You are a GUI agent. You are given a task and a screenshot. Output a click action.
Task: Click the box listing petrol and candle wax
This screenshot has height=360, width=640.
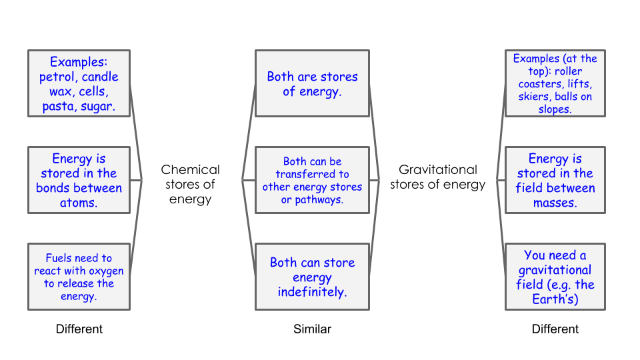coord(79,83)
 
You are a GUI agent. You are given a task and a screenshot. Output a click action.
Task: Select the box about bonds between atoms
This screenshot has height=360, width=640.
coord(79,180)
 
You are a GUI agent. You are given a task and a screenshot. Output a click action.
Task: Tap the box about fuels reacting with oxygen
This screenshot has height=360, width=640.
coord(79,277)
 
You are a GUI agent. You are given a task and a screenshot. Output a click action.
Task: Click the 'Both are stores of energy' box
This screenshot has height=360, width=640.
coord(312,83)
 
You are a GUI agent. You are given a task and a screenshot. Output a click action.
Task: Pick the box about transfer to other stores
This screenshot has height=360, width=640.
coord(312,180)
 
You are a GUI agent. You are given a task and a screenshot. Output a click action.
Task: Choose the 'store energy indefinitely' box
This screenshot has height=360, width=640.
coord(312,277)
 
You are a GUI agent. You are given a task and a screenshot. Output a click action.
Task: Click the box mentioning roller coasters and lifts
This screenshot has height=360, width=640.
coord(555,83)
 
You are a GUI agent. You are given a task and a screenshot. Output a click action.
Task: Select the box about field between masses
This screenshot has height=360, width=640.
coord(555,180)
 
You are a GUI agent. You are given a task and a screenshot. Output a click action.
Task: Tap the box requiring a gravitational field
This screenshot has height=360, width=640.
coord(555,277)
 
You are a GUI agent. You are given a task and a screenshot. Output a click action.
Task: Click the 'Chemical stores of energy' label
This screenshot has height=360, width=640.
coord(190,184)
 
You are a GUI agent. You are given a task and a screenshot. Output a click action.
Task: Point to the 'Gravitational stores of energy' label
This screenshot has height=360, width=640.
coord(437,177)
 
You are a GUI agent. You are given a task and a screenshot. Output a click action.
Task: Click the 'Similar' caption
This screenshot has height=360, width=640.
coord(312,329)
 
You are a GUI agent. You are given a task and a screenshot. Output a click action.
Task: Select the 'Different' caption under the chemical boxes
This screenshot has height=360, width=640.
coord(79,329)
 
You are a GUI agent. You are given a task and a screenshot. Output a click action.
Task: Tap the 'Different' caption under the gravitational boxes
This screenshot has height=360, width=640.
coord(555,329)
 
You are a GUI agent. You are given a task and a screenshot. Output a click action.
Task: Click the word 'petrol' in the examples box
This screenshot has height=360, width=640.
coord(57,76)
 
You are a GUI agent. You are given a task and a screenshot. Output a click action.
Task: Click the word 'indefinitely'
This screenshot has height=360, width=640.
coord(312,292)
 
